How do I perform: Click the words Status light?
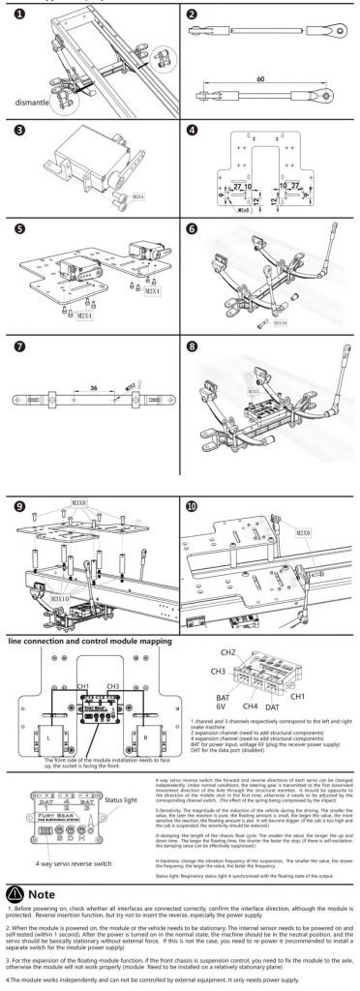(124, 799)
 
